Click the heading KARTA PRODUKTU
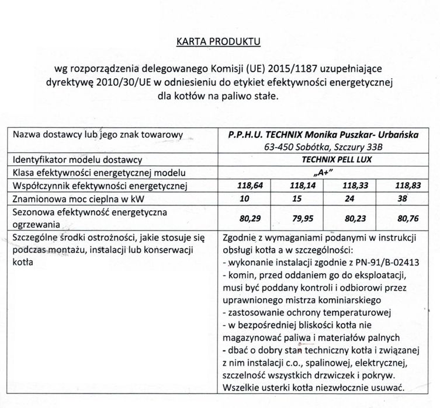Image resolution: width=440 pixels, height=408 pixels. coord(220,42)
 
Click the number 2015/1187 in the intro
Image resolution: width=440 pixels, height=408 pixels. coord(283,69)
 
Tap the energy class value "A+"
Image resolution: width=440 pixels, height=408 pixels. coord(321,173)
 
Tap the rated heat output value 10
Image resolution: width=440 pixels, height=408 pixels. coord(228,199)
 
